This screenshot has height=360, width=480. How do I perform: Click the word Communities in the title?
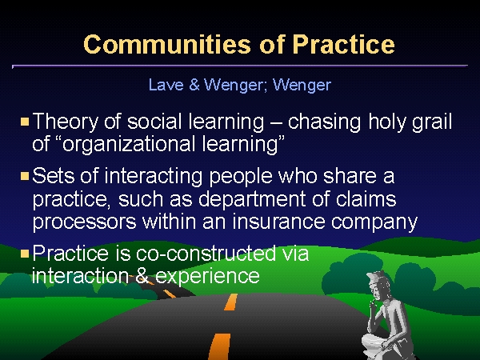[x=168, y=44]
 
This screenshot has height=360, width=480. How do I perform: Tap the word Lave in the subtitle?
[x=166, y=85]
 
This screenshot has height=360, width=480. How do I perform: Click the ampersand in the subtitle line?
[x=194, y=85]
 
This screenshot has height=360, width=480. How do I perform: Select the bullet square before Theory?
[x=25, y=122]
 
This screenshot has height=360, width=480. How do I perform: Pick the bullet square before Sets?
[x=25, y=176]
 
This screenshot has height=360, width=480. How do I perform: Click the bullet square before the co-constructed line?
[x=25, y=254]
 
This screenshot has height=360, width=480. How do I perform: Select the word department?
[x=252, y=199]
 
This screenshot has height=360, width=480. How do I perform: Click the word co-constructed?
[x=206, y=254]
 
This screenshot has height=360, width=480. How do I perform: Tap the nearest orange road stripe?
[x=220, y=346]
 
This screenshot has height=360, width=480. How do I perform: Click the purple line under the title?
[x=240, y=66]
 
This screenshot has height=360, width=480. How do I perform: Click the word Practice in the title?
[x=343, y=44]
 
